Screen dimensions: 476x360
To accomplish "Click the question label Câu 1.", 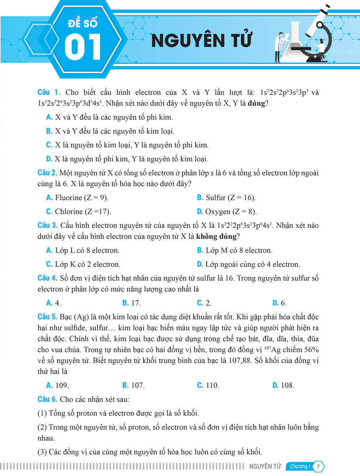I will click(49, 93).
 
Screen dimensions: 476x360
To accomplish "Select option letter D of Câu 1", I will click(49, 159).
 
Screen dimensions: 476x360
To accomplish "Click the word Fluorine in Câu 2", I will click(69, 198).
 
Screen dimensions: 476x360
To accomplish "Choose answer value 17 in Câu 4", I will click(136, 303).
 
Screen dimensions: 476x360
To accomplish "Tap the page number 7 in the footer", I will click(318, 466).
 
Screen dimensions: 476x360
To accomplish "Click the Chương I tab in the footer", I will click(299, 466).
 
